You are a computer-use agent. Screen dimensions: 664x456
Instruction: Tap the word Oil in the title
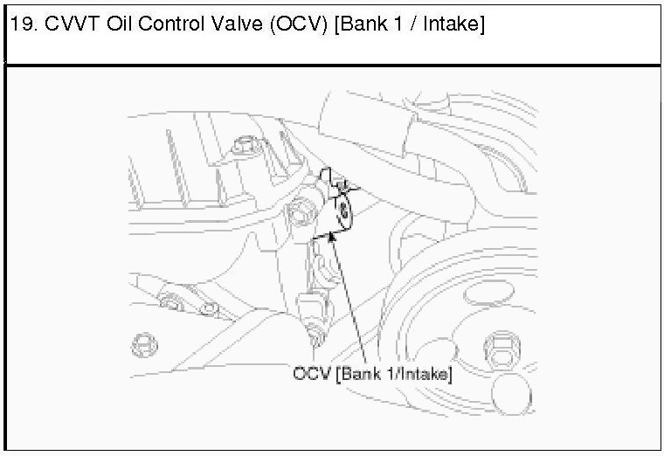click(x=120, y=24)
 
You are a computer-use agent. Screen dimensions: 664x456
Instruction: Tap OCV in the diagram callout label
click(x=311, y=374)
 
